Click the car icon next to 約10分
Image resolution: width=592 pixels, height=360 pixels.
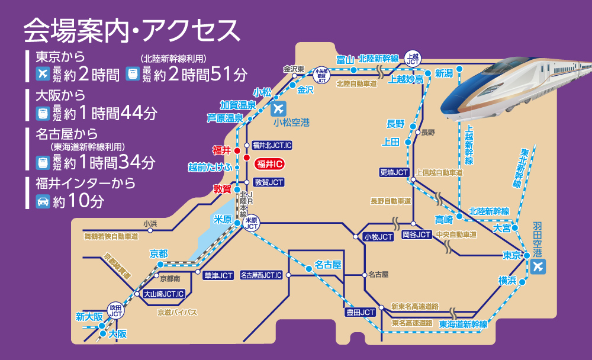pos(43,201)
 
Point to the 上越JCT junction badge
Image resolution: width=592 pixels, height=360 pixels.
pos(413,57)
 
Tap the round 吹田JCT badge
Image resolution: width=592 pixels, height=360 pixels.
pos(115,309)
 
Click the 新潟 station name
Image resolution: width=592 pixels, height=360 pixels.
pos(443,73)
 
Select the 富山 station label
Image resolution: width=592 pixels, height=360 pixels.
pos(345,59)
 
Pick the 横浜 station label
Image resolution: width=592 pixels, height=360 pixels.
pos(507,280)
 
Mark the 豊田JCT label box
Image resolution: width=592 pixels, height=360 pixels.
pos(361,312)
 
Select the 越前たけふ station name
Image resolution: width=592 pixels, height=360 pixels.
pos(209,167)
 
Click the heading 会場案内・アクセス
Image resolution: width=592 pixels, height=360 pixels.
pos(131,30)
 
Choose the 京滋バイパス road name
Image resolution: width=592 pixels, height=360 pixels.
pos(177,312)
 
